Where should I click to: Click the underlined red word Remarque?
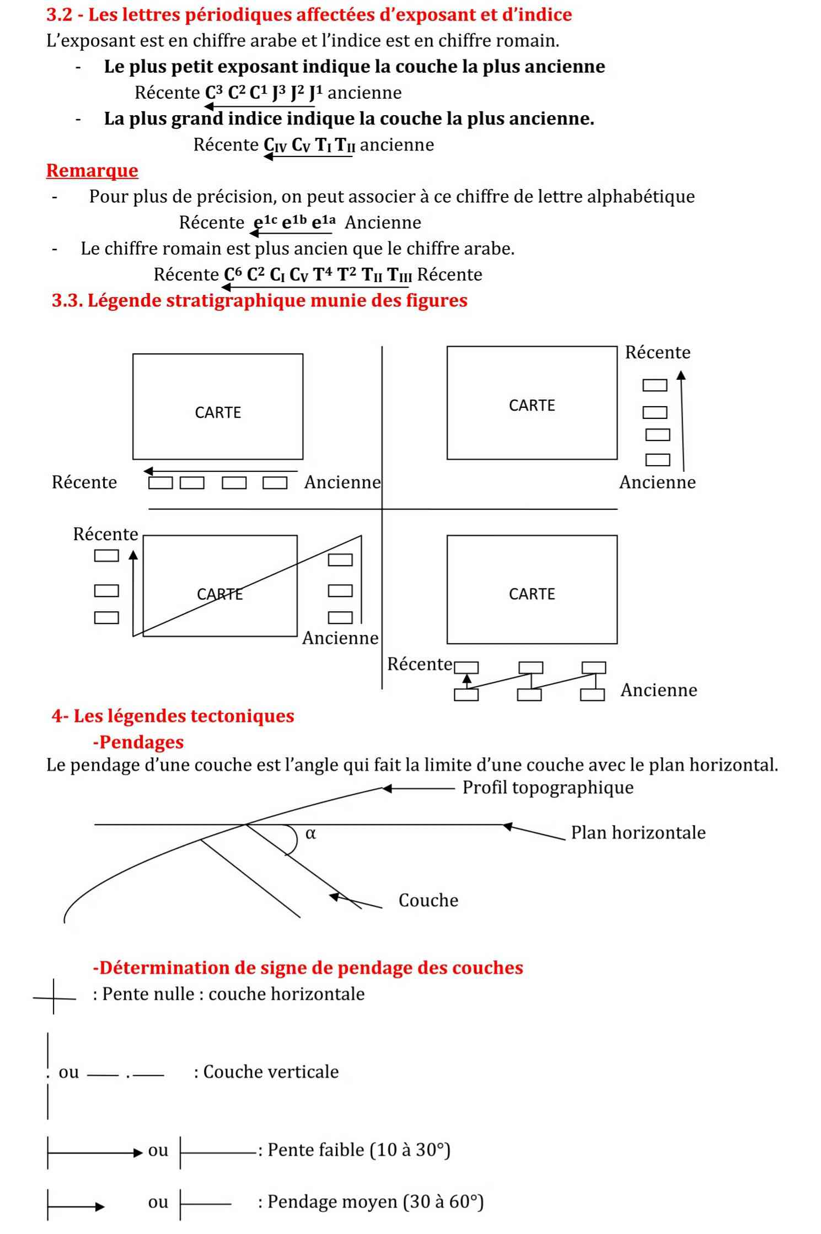pos(92,171)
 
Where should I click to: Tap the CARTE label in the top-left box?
pos(218,412)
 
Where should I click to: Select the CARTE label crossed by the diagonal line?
pos(219,594)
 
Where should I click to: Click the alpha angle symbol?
pos(310,833)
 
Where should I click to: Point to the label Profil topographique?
pos(548,788)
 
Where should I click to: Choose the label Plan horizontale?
pos(638,832)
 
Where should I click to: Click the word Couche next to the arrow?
pos(428,900)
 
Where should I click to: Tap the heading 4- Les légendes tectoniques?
pos(173,716)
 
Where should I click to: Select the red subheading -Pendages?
pos(138,742)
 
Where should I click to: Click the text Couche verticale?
pos(271,1071)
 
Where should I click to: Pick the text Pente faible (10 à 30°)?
pos(359,1150)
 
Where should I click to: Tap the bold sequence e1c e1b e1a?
pos(294,222)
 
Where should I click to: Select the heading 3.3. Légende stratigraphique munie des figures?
pos(259,301)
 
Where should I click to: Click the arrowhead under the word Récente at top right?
pos(681,375)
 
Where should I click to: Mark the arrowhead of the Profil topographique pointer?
pos(387,789)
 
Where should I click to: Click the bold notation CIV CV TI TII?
pos(309,145)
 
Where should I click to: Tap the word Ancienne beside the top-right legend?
pos(657,482)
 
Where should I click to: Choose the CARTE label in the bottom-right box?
pos(532,594)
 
